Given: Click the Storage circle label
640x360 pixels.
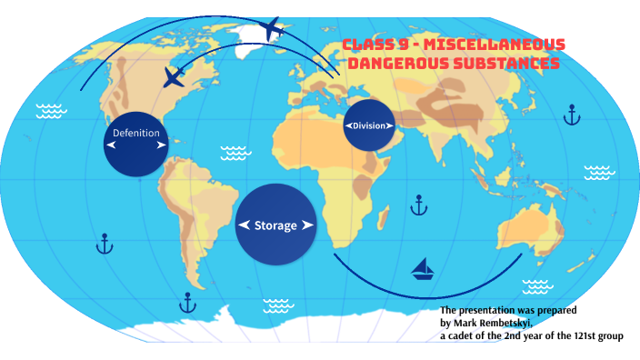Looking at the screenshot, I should (x=275, y=225).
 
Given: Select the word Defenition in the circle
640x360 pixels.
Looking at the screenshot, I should (x=135, y=134).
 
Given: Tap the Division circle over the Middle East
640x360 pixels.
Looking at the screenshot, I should (x=368, y=125).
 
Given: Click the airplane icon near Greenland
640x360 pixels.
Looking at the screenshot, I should (x=272, y=29).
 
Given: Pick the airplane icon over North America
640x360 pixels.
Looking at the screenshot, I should (x=175, y=76).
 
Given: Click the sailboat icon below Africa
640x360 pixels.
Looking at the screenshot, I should (x=422, y=268).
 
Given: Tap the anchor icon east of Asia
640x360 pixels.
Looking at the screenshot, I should (x=571, y=115).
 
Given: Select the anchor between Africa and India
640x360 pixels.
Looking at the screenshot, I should (x=418, y=205).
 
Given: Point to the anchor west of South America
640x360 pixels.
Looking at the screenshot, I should (x=105, y=244).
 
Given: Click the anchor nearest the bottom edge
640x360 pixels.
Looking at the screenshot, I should (x=188, y=302).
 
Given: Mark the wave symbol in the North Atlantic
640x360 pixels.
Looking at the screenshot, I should (x=235, y=152).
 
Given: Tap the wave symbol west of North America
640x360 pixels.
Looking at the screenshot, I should (x=51, y=111).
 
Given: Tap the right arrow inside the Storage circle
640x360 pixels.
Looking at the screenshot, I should (x=307, y=225).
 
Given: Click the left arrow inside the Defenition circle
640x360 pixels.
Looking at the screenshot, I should (x=111, y=144).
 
